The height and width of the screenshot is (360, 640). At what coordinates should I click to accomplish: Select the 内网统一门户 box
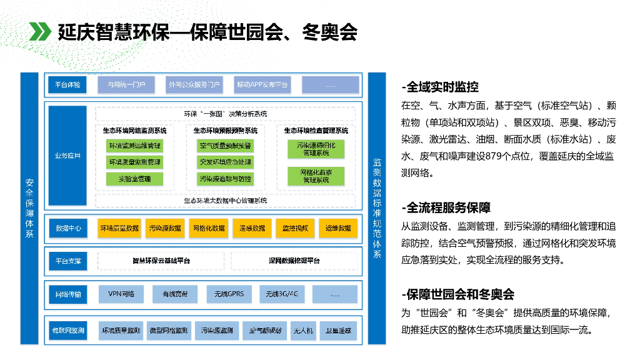tap(126, 84)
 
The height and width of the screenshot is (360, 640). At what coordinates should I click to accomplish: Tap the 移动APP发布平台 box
tap(262, 84)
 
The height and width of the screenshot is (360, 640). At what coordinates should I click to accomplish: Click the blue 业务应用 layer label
tap(67, 156)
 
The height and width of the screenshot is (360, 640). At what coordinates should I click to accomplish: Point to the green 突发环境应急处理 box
tap(225, 162)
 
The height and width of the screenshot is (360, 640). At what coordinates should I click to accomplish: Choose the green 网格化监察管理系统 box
tap(316, 176)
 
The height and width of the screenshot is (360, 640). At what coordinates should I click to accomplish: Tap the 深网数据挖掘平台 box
tap(294, 260)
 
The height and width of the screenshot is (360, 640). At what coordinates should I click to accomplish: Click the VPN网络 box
tap(121, 293)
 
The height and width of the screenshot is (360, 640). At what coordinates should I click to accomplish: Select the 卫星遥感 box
tap(338, 330)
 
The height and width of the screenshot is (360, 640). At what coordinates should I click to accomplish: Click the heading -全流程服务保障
tap(446, 208)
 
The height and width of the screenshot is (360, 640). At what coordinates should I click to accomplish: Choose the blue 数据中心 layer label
tap(68, 228)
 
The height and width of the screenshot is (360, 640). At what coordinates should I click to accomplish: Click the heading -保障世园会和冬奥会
tap(457, 294)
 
